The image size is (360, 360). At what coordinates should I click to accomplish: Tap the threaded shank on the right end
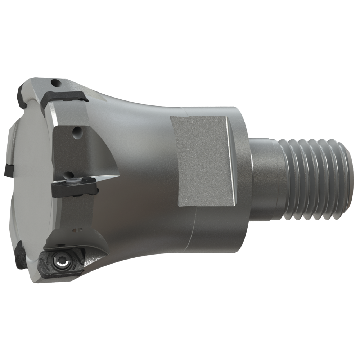pyautogui.click(x=317, y=180)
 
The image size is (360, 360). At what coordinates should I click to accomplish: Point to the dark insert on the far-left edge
pyautogui.click(x=8, y=170)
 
